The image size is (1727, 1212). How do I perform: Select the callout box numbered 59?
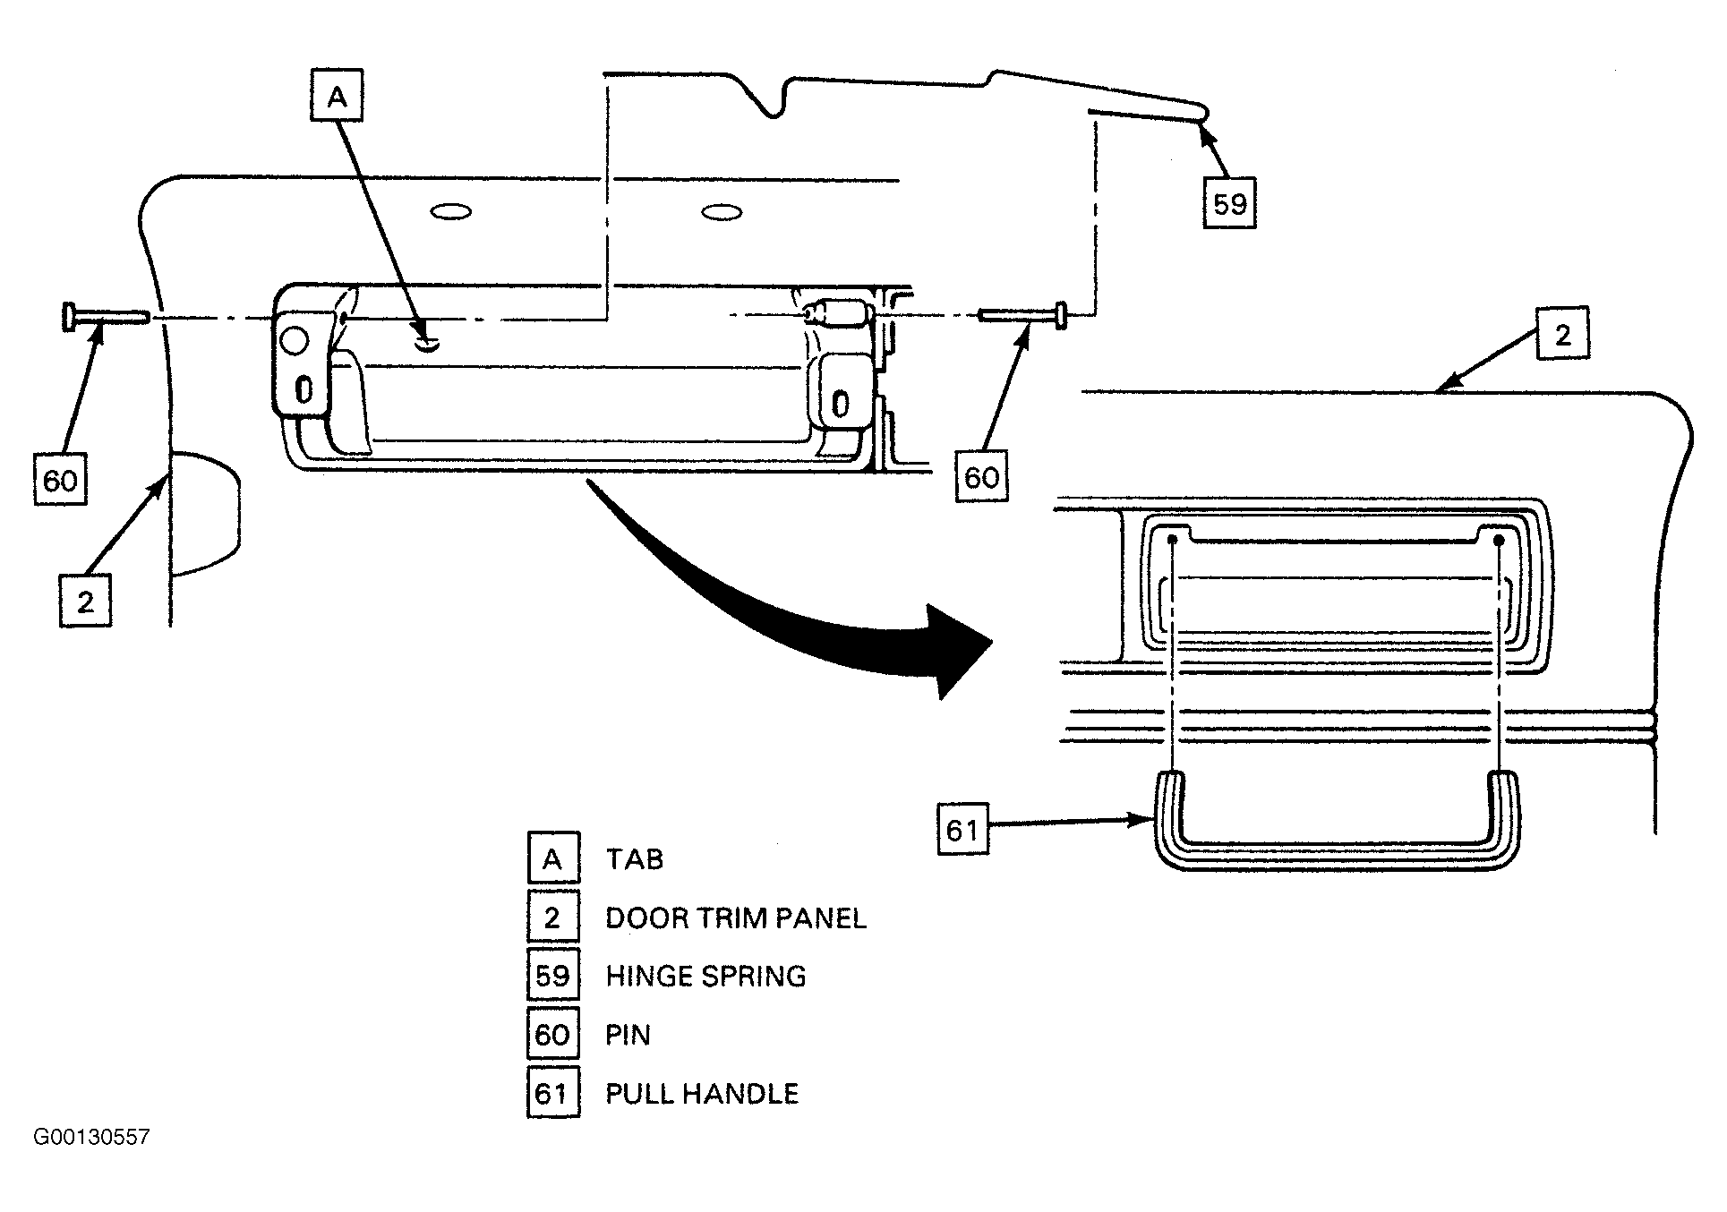[x=1229, y=203]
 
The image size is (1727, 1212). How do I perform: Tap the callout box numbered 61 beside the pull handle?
[x=963, y=829]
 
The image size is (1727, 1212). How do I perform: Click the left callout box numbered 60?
[x=60, y=480]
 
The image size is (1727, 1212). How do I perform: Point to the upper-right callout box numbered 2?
[x=1563, y=334]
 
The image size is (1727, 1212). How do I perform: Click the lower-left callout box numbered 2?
[x=85, y=601]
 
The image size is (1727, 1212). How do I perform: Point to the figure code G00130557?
[x=92, y=1137]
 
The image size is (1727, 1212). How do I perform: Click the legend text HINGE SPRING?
[x=705, y=976]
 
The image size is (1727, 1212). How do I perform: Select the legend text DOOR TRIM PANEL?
[x=736, y=918]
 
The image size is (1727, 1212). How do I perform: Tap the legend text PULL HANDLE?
[x=702, y=1093]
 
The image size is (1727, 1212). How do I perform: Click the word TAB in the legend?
[x=635, y=859]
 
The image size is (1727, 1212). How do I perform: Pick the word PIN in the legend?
[x=628, y=1035]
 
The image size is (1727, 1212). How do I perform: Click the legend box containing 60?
[x=552, y=1034]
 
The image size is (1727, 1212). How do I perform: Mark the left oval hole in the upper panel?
[x=451, y=212]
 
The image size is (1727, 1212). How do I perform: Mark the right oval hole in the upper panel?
[x=722, y=212]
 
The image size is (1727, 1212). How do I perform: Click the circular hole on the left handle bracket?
[x=293, y=340]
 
